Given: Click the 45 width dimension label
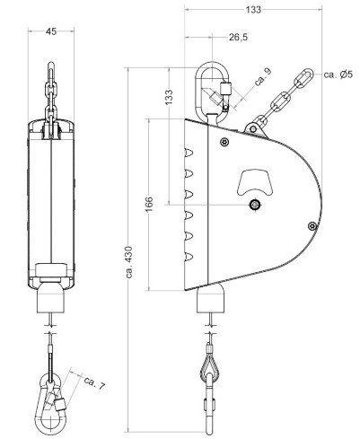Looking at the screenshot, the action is click(51, 31).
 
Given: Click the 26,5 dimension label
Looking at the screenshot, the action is click(238, 38).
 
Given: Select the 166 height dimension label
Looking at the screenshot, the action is click(149, 205).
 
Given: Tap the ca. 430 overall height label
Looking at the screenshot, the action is click(129, 262).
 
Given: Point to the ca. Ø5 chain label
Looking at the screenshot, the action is click(338, 75).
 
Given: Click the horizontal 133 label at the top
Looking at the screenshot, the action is click(253, 10).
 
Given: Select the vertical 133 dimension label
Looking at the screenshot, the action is click(169, 97).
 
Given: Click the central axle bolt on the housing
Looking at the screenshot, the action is click(255, 205).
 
